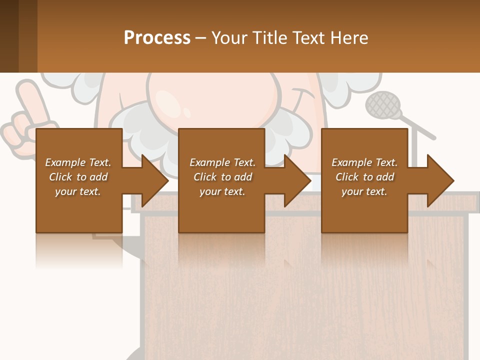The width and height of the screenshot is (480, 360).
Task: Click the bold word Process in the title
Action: point(157,38)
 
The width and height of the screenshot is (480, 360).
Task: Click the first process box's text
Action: point(78,177)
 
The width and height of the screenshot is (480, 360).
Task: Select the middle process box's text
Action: point(222,177)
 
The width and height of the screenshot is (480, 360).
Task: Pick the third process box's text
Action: point(364,177)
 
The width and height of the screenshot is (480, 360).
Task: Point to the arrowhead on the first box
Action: point(155,180)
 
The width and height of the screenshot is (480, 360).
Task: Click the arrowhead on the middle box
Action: point(297,180)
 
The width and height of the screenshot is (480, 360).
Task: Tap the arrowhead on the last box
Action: point(440,180)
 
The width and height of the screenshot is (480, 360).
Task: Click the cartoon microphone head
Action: point(383,104)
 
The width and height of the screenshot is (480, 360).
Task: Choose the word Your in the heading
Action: point(229,38)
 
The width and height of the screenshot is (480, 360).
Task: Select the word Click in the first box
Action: point(60,177)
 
